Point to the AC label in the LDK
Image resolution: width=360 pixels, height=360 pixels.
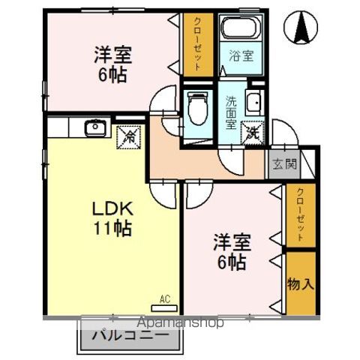165,299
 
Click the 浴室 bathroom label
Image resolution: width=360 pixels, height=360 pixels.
241,55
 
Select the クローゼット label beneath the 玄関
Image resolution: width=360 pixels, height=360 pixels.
301,214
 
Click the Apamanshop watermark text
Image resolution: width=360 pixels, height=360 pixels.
180,322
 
